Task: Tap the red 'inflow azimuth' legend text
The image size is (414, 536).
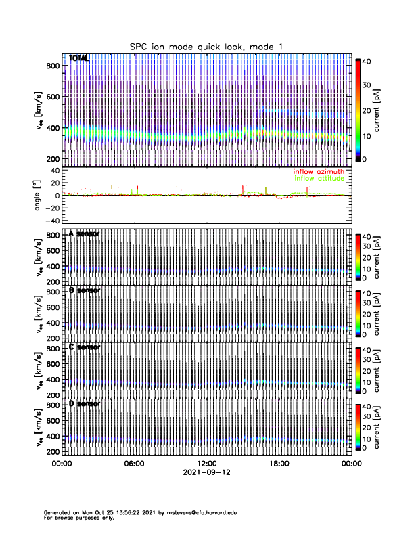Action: [x=318, y=172]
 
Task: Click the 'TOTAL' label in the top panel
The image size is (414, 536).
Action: [x=79, y=59]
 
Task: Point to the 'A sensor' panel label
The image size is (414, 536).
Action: [x=85, y=234]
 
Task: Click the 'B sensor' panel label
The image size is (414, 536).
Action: [x=85, y=291]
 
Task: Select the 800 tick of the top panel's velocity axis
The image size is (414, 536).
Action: [x=53, y=66]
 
